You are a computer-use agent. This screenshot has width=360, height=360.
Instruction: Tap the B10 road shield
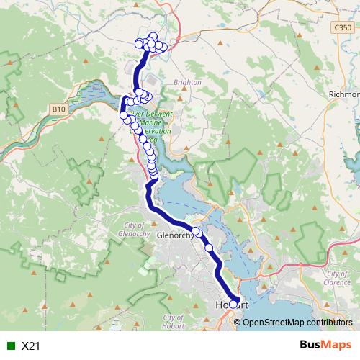pyautogui.click(x=60, y=109)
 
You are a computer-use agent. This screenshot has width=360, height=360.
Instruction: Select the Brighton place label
pyautogui.click(x=187, y=83)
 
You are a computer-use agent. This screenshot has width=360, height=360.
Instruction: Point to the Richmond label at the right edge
pyautogui.click(x=344, y=94)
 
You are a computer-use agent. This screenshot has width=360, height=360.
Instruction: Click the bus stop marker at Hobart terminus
pyautogui.click(x=233, y=303)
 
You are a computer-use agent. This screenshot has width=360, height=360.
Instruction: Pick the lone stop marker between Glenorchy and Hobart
pyautogui.click(x=209, y=248)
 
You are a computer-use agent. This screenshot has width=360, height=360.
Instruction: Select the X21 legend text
pyautogui.click(x=31, y=346)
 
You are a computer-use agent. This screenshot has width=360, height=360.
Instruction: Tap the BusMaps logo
pyautogui.click(x=325, y=346)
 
